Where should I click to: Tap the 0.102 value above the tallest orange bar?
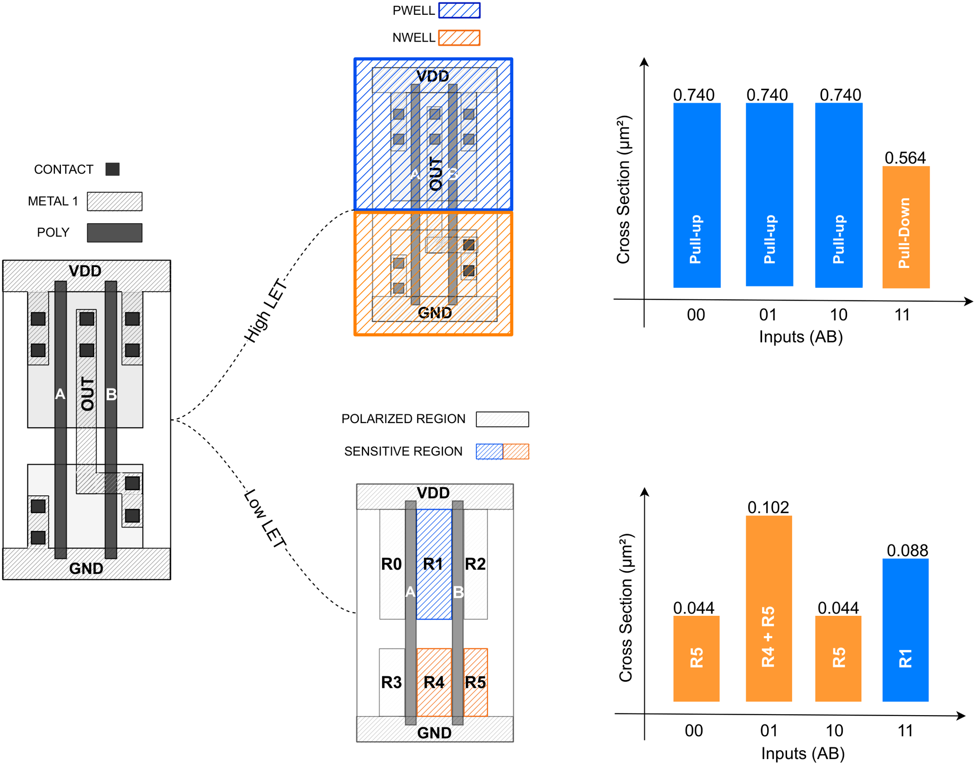(x=768, y=507)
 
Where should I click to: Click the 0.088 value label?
(x=907, y=550)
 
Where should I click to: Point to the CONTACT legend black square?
(x=112, y=169)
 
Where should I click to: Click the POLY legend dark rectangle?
(x=115, y=232)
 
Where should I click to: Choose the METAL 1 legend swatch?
(x=115, y=201)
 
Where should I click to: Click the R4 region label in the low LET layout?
(x=433, y=682)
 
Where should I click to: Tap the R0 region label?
(x=391, y=564)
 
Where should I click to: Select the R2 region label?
(x=475, y=564)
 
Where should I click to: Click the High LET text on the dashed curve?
(x=265, y=310)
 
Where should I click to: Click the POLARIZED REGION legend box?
(x=502, y=419)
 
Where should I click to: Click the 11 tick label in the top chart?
(x=902, y=315)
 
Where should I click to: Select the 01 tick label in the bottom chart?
(x=768, y=731)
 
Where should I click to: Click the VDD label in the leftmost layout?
(x=85, y=271)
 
